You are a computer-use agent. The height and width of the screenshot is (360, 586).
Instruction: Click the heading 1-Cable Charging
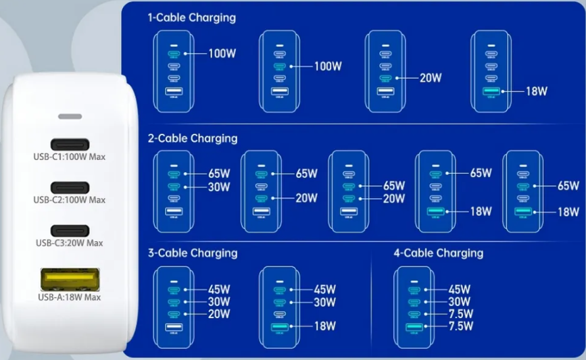[x=191, y=18]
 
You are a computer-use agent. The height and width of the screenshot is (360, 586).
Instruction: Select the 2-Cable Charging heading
[x=193, y=138]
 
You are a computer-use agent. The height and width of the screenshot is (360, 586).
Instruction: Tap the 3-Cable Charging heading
[x=193, y=253]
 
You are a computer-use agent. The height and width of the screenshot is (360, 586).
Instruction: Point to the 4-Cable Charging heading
[x=438, y=253]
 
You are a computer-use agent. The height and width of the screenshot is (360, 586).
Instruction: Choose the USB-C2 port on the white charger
[x=70, y=186]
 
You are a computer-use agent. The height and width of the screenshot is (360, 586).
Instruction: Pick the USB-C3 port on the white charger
[x=70, y=230]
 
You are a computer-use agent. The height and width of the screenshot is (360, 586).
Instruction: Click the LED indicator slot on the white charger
[x=70, y=116]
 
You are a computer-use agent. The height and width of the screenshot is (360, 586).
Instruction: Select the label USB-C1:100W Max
[x=70, y=158]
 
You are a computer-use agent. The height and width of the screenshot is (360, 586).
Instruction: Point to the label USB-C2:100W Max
[x=70, y=200]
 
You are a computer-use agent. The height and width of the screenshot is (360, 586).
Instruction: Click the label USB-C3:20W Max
[x=70, y=243]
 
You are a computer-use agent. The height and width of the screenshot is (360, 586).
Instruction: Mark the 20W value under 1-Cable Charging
[x=431, y=78]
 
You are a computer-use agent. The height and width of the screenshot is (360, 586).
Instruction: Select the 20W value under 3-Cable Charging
[x=219, y=314]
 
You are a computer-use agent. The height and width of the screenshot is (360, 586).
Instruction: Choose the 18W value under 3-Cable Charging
[x=324, y=327]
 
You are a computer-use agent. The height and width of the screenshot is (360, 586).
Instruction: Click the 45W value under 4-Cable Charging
[x=460, y=290]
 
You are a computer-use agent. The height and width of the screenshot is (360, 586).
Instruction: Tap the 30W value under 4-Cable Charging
[x=460, y=302]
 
